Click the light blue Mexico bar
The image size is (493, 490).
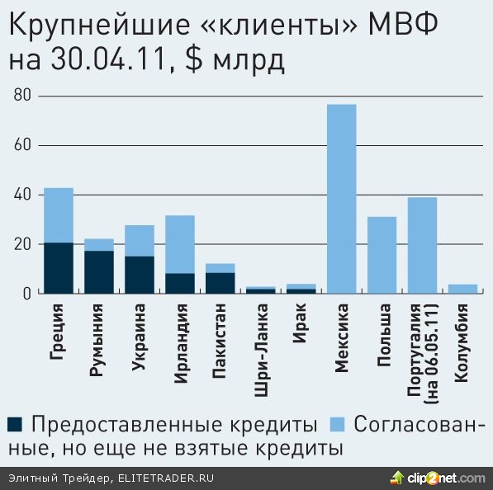342,199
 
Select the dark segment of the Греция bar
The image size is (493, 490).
59,267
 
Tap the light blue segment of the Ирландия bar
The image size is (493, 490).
180,244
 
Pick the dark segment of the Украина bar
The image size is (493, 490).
140,275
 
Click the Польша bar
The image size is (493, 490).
382,255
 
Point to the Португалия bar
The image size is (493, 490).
422,245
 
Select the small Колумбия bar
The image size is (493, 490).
462,289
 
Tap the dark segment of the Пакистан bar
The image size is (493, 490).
220,283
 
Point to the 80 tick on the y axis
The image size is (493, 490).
22,97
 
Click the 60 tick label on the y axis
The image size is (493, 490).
22,146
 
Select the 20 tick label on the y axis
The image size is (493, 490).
22,244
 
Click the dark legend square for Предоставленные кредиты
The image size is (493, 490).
14,425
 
